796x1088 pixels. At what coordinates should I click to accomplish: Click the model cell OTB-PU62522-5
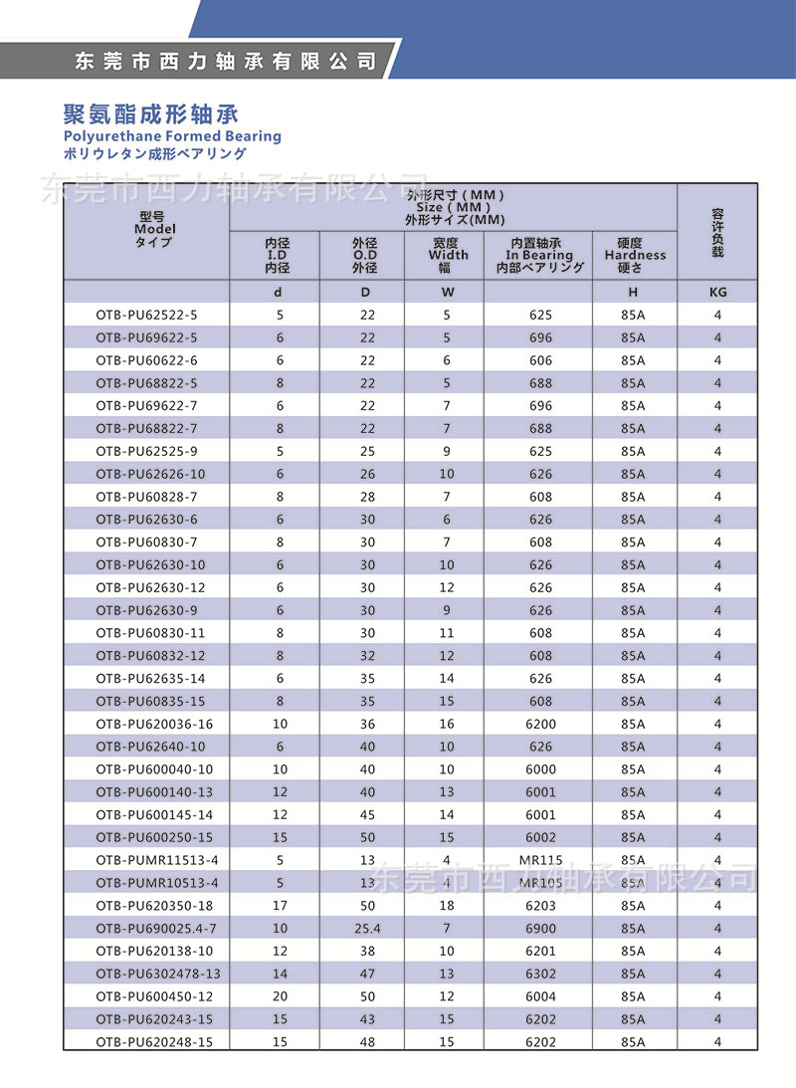[x=146, y=315]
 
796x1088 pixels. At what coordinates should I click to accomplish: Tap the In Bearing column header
[x=538, y=256]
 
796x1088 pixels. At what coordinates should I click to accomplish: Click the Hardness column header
[x=634, y=256]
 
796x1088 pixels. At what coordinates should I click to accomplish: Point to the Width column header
[x=447, y=256]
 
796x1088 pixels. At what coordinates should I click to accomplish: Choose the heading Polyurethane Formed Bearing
[x=172, y=136]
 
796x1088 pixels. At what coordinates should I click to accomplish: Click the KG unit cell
[x=717, y=293]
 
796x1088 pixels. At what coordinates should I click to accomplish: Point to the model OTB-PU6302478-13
[x=157, y=974]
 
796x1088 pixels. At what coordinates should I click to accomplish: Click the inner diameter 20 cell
[x=279, y=996]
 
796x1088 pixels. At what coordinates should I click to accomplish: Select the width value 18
[x=447, y=906]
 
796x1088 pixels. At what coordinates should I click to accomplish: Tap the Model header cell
[x=146, y=229]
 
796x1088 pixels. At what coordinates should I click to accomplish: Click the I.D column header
[x=277, y=256]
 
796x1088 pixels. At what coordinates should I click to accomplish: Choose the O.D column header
[x=364, y=256]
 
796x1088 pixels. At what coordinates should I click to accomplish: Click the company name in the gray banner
[x=227, y=62]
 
